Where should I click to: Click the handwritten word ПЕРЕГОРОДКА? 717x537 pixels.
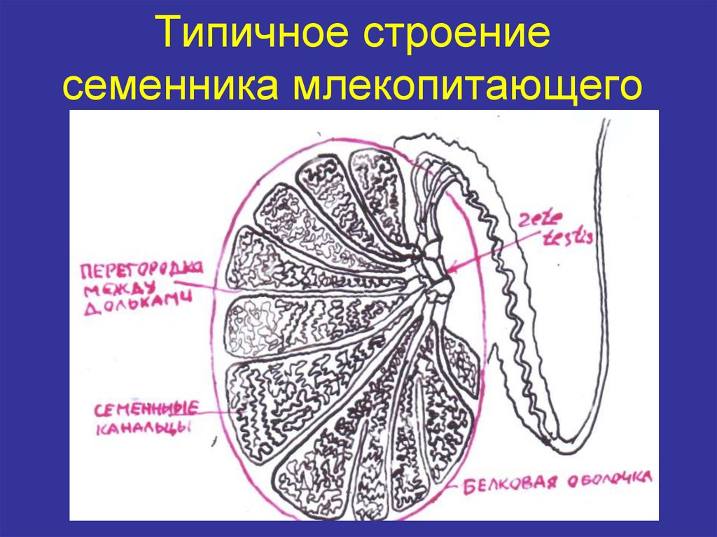(141, 270)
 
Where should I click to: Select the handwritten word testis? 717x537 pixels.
(568, 237)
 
